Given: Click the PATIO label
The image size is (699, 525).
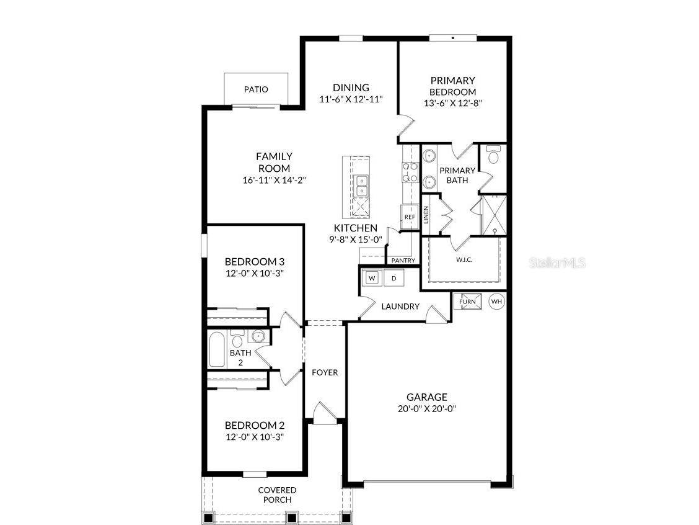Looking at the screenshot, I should click(256, 89).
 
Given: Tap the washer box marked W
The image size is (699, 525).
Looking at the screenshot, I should click(372, 278).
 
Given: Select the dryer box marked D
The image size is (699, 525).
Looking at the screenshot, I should click(393, 278).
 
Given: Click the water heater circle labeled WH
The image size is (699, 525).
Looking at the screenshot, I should click(496, 302).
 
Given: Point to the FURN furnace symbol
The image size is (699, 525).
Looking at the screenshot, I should click(467, 302).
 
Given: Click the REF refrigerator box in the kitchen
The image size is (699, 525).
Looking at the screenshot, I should click(410, 217).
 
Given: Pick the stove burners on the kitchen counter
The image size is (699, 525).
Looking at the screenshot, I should click(410, 172).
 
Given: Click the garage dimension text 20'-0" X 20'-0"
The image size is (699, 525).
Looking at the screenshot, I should click(426, 409).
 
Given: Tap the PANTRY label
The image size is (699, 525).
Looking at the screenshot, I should click(403, 261).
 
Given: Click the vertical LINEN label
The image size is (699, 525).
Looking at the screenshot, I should click(426, 215).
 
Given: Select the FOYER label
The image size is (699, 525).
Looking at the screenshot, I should click(325, 372).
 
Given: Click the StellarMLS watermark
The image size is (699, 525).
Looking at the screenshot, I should click(557, 263).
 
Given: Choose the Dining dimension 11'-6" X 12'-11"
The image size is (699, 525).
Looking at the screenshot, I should click(351, 99).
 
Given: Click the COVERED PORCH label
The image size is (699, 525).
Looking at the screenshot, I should click(277, 495).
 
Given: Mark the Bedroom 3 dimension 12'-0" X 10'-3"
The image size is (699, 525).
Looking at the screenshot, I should click(254, 273).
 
